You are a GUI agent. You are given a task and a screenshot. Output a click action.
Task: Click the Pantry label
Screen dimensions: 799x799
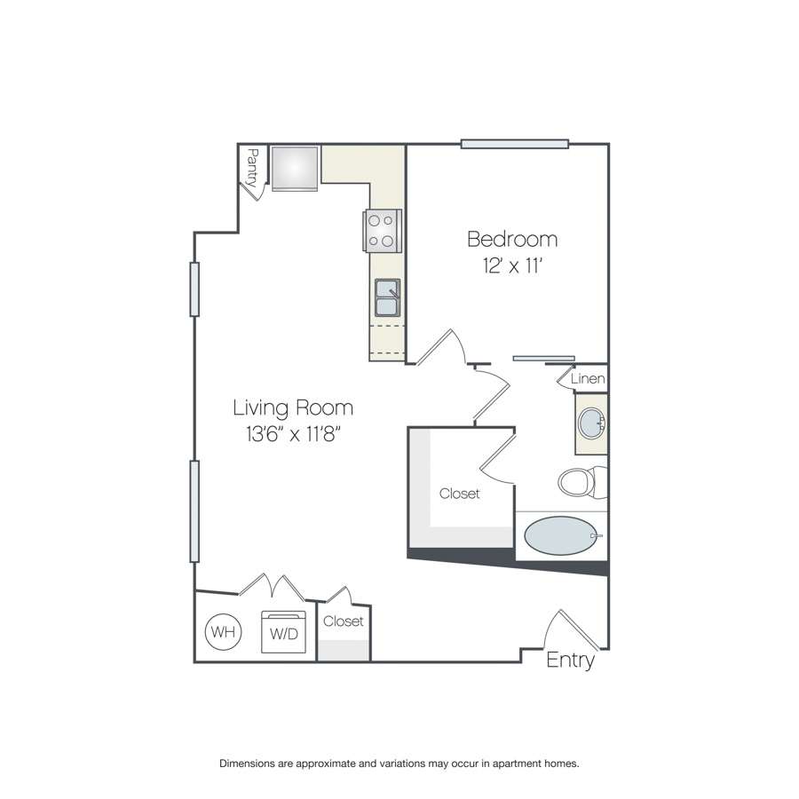coord(252,168)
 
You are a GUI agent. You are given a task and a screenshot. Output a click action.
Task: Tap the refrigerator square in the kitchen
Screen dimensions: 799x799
coord(295,169)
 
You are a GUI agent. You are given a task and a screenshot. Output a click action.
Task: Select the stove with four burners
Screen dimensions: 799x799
coord(382,231)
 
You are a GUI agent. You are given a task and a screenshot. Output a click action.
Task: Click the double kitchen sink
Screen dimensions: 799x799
coord(387,297)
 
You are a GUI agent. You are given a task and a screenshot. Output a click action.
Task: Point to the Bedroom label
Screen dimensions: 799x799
coord(512,239)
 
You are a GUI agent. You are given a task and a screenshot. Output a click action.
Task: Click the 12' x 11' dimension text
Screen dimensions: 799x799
coord(511,265)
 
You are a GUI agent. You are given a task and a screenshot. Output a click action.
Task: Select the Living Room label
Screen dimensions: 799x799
coord(293,407)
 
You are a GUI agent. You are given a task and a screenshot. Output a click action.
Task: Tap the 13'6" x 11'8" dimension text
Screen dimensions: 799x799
coord(293,434)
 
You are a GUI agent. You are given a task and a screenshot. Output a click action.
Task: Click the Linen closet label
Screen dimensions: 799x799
coord(588,378)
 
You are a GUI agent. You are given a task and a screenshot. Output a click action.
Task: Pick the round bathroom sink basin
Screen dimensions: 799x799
coord(591,423)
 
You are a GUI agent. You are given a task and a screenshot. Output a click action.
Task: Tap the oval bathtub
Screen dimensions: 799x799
coord(560,535)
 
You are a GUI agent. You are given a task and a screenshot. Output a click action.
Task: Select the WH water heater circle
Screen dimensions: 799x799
coord(223,632)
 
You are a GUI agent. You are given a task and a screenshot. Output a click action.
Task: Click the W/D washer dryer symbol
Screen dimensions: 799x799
coord(283,632)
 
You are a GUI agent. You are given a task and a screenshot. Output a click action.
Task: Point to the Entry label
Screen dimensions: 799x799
coord(570,661)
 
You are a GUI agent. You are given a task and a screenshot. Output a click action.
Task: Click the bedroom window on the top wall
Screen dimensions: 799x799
coord(515,144)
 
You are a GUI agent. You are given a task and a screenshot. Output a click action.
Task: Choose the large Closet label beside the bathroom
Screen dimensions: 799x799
coord(460,494)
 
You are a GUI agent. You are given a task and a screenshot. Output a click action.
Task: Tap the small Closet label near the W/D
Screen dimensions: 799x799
coord(344,621)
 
